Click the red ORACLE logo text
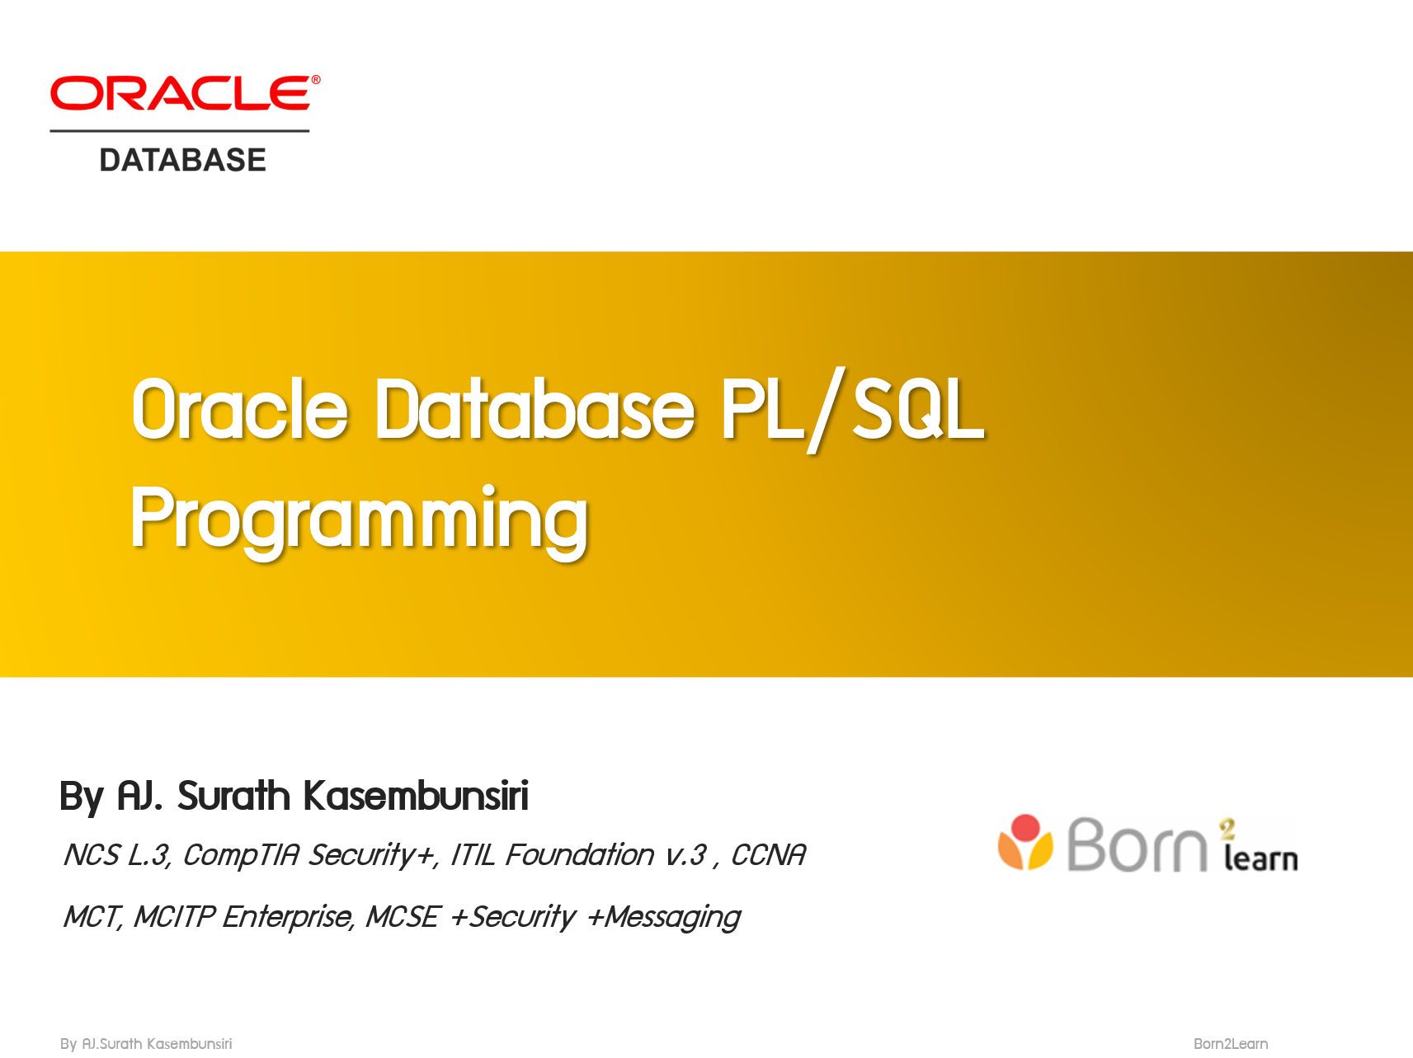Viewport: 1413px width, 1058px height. click(x=179, y=94)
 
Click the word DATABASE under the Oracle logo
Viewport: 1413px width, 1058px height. click(x=182, y=160)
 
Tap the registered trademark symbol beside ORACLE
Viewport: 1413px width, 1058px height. click(x=315, y=80)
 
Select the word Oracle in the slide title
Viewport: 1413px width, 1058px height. click(x=239, y=409)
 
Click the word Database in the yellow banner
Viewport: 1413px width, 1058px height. click(x=535, y=409)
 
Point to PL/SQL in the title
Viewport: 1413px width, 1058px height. click(x=852, y=409)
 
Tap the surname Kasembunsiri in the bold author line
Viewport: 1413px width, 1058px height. click(x=415, y=797)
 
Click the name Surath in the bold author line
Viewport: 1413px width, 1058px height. click(x=233, y=797)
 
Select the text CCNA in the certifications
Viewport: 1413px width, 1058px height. click(x=768, y=855)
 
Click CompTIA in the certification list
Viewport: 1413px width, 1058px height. click(x=241, y=855)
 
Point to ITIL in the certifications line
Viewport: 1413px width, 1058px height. click(x=473, y=855)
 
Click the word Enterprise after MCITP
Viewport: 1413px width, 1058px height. click(x=288, y=917)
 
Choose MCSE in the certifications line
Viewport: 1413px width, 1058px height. click(x=403, y=917)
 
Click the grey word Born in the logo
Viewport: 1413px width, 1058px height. click(x=1137, y=845)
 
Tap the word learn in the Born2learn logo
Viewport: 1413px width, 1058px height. click(x=1260, y=859)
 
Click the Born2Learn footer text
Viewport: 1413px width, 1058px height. click(x=1230, y=1044)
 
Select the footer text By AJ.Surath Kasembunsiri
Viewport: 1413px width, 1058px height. click(x=146, y=1044)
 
